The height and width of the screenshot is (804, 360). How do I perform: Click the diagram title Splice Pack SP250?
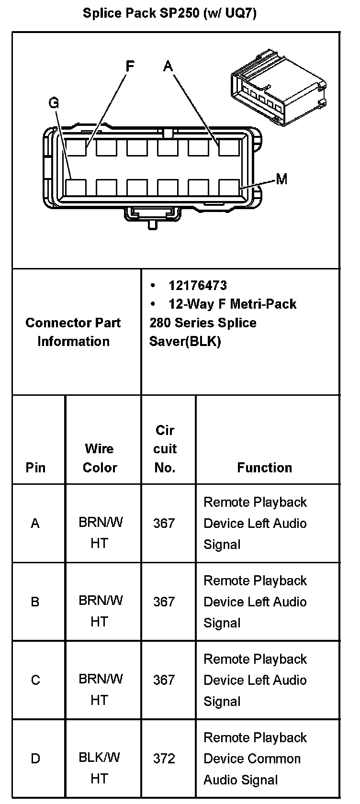coord(169,13)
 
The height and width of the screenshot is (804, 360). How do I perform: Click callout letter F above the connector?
coord(130,66)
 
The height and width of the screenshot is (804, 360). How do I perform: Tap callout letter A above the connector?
coord(168,66)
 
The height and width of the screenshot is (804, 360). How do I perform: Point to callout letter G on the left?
coord(54,103)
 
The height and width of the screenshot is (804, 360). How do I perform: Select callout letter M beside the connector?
coord(282,179)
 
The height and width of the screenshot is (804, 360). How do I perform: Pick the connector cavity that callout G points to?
coord(76,187)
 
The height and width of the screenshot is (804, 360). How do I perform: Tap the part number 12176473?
coord(198,286)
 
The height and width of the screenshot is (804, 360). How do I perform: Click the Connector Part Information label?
coord(73,332)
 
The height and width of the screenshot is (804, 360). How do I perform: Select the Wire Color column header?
coord(100,458)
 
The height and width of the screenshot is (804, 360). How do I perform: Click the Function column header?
coord(264,468)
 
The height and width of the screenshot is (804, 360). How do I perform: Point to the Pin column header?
coord(35,468)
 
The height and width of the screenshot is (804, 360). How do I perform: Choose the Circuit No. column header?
coord(165,449)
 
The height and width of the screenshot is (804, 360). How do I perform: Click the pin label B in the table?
coord(35,602)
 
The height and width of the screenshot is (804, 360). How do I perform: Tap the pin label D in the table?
coord(35,759)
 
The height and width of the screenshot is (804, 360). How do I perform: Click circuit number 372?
coord(164,759)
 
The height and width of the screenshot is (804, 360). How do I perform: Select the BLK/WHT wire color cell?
coord(100,768)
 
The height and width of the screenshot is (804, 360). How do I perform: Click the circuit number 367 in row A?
coord(164,523)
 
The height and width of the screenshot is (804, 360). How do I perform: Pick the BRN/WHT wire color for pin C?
coord(100,689)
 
